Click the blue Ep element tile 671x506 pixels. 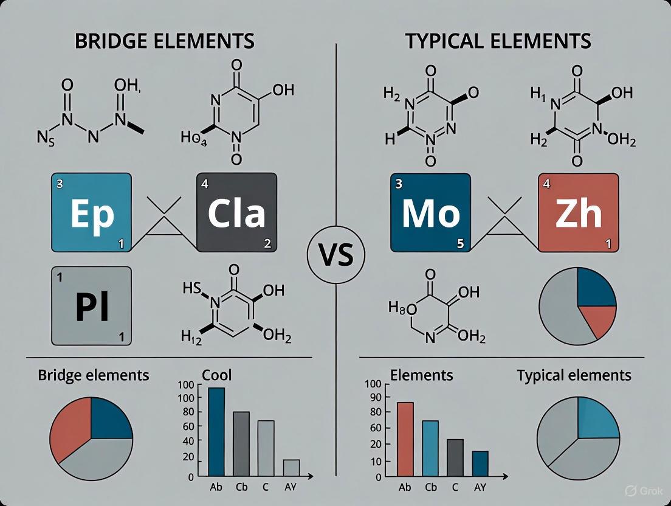click(x=92, y=212)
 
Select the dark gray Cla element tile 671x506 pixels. click(x=236, y=212)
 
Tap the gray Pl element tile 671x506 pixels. click(x=92, y=306)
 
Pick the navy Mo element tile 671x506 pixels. click(x=430, y=212)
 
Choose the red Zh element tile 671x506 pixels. click(x=578, y=212)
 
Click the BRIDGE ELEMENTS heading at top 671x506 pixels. click(x=164, y=41)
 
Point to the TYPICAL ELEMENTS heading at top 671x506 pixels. click(x=498, y=41)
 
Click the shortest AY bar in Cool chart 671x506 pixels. click(x=291, y=467)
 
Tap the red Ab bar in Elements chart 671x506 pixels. click(x=405, y=438)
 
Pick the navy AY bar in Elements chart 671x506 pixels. click(x=480, y=463)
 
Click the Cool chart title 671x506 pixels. click(x=217, y=375)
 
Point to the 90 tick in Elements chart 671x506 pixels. click(x=374, y=397)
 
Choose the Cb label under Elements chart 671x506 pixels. click(x=431, y=487)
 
